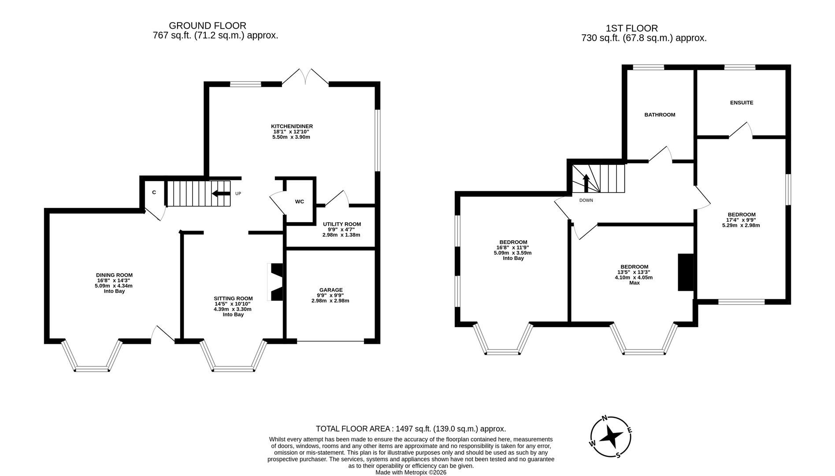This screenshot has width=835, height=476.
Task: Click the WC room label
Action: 299,201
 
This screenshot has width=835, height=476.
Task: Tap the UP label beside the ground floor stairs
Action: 238,193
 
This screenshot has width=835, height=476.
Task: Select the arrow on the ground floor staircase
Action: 221,193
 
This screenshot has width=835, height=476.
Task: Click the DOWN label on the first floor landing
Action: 586,200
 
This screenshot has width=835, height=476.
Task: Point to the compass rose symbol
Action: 611,437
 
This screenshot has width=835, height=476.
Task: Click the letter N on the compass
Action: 605,418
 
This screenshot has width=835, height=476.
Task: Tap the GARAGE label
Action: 330,290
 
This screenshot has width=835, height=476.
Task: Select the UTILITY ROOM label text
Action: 341,224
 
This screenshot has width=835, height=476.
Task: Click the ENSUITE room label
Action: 742,103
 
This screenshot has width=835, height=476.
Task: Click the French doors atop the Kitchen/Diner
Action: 305,77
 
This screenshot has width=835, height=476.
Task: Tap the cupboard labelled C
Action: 154,192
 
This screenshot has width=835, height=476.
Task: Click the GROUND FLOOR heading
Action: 208,26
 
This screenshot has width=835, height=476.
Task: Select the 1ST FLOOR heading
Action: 631,28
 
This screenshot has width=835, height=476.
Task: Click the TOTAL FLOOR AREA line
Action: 411,428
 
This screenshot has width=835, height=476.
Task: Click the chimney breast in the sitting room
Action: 277,282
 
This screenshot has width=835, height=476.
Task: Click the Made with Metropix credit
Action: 411,472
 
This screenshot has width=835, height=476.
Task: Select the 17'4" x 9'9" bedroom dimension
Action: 741,220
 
